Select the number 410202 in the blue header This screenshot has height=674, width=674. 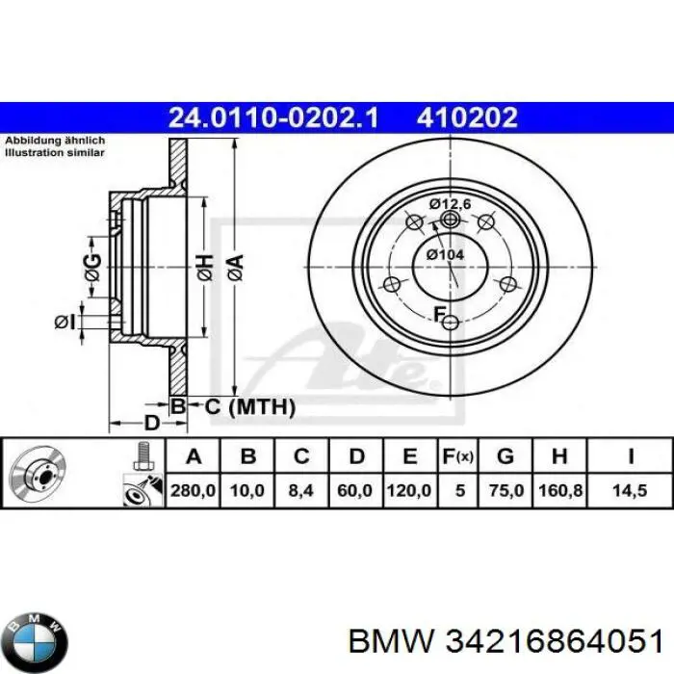tap(467, 117)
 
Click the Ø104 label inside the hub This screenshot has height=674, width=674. tap(446, 253)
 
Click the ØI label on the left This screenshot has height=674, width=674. tap(65, 322)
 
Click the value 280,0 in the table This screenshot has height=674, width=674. tap(193, 491)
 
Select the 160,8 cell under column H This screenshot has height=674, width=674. tap(560, 491)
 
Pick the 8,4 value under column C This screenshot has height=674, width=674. tap(301, 491)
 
